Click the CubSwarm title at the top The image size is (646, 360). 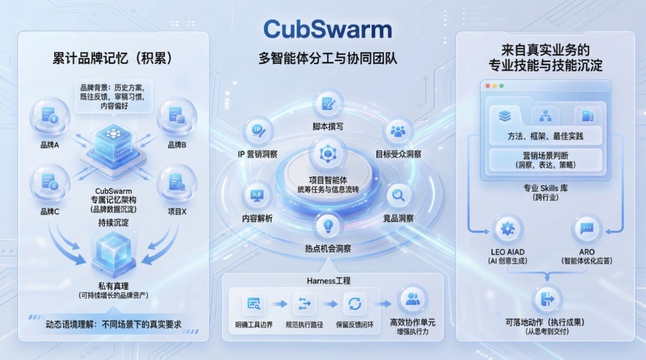(327, 29)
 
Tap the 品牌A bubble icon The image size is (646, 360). (50, 116)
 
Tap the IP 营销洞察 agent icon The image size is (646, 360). (258, 131)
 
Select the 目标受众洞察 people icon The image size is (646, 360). (398, 131)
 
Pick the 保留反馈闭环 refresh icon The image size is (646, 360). (355, 304)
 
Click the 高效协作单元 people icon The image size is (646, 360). (412, 300)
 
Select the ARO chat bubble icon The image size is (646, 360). (587, 229)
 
